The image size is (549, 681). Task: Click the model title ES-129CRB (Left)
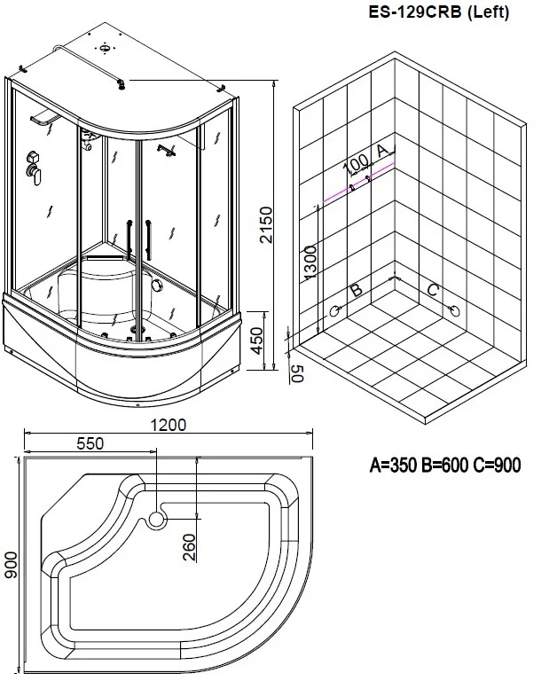(x=439, y=12)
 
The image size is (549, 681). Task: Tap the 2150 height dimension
(x=264, y=224)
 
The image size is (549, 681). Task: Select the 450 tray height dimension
(x=257, y=340)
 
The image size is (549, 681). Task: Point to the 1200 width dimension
(x=169, y=425)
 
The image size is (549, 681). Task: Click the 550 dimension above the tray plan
(x=90, y=443)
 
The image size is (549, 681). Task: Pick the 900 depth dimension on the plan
(x=10, y=565)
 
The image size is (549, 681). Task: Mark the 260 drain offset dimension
(x=190, y=547)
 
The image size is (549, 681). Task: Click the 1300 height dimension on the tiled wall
(x=310, y=262)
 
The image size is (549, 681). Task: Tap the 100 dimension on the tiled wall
(x=357, y=164)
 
